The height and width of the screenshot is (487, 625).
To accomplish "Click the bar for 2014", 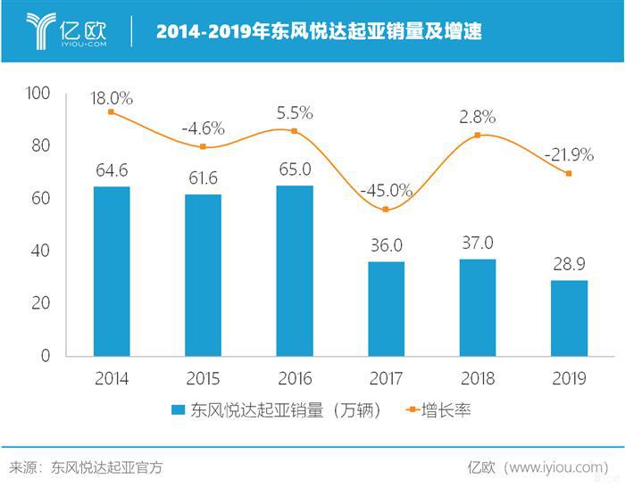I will coord(111,271).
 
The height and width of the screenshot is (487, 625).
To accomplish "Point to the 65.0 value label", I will coord(295,169).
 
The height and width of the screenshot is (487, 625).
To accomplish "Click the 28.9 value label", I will coord(569,266).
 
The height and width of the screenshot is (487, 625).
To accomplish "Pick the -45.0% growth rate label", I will coord(386,190).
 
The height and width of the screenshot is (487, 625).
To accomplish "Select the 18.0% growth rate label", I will coord(112,99).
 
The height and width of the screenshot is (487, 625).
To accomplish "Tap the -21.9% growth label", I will coord(569,154).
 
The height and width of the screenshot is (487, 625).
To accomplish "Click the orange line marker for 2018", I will coord(478,135).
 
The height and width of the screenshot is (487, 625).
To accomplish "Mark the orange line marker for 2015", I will coord(203,147).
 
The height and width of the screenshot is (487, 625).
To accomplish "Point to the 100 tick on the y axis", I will coord(41,94).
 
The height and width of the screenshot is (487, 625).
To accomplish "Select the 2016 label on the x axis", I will coord(295,378).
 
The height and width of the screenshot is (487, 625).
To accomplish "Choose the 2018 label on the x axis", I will coord(478,378).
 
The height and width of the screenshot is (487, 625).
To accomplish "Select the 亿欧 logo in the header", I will coord(67,31).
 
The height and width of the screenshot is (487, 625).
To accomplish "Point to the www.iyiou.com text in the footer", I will coord(554,466).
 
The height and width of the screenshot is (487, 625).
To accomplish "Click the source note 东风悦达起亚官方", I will coord(107,466).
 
